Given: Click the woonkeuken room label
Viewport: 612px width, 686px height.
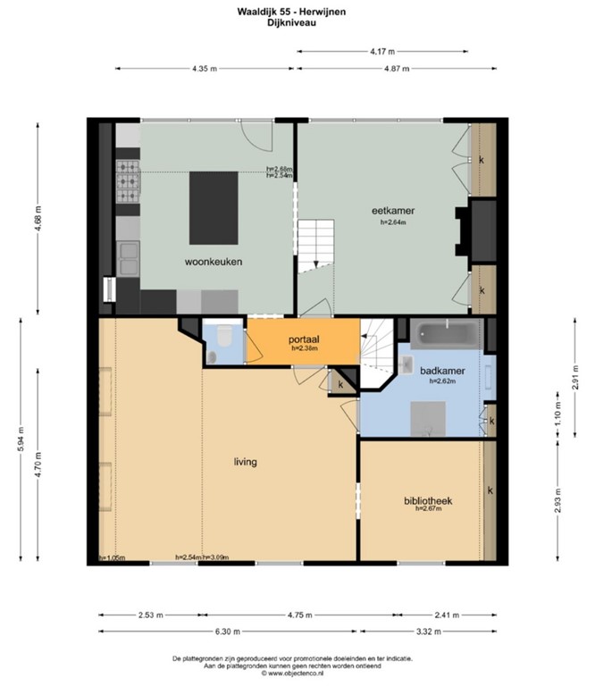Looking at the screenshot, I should point(214,262).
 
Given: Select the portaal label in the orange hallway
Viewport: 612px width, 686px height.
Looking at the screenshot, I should point(304,339).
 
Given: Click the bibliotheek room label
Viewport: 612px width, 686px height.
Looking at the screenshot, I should point(427,501).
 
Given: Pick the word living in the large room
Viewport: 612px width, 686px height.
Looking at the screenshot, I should point(245,462).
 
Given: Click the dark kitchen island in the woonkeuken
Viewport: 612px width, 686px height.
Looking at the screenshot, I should point(214,206).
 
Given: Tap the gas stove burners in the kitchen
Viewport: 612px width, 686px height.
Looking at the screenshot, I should point(127,180).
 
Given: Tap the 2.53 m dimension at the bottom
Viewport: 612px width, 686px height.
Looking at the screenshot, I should point(149,615).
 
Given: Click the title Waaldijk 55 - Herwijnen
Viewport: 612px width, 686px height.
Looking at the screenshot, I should point(292,11).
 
